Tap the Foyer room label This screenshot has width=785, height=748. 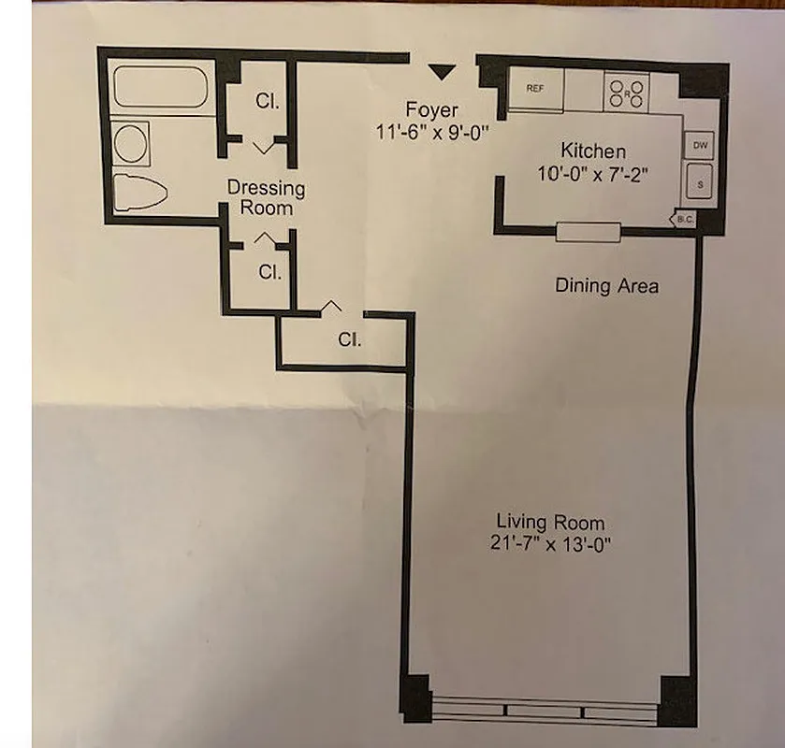[x=431, y=108]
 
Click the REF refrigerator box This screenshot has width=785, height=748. [x=535, y=89]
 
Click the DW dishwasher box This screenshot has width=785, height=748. [x=700, y=146]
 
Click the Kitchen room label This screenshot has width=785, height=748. [x=593, y=151]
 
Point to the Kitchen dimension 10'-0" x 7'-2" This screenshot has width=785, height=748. [x=593, y=174]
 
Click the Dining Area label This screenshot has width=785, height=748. [x=606, y=286]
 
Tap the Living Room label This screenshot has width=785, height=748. [x=550, y=522]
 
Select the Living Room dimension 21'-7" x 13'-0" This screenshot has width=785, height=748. [x=550, y=543]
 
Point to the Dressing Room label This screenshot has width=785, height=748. [x=266, y=197]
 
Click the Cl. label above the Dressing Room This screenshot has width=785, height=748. [x=268, y=101]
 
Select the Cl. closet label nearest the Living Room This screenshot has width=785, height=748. [x=349, y=341]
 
